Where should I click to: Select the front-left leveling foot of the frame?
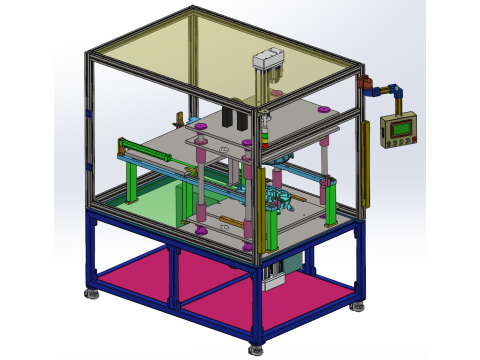(91, 294)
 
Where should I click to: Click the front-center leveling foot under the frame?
(256, 349)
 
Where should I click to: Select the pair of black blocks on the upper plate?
(236, 117)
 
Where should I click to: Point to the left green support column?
(131, 180)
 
